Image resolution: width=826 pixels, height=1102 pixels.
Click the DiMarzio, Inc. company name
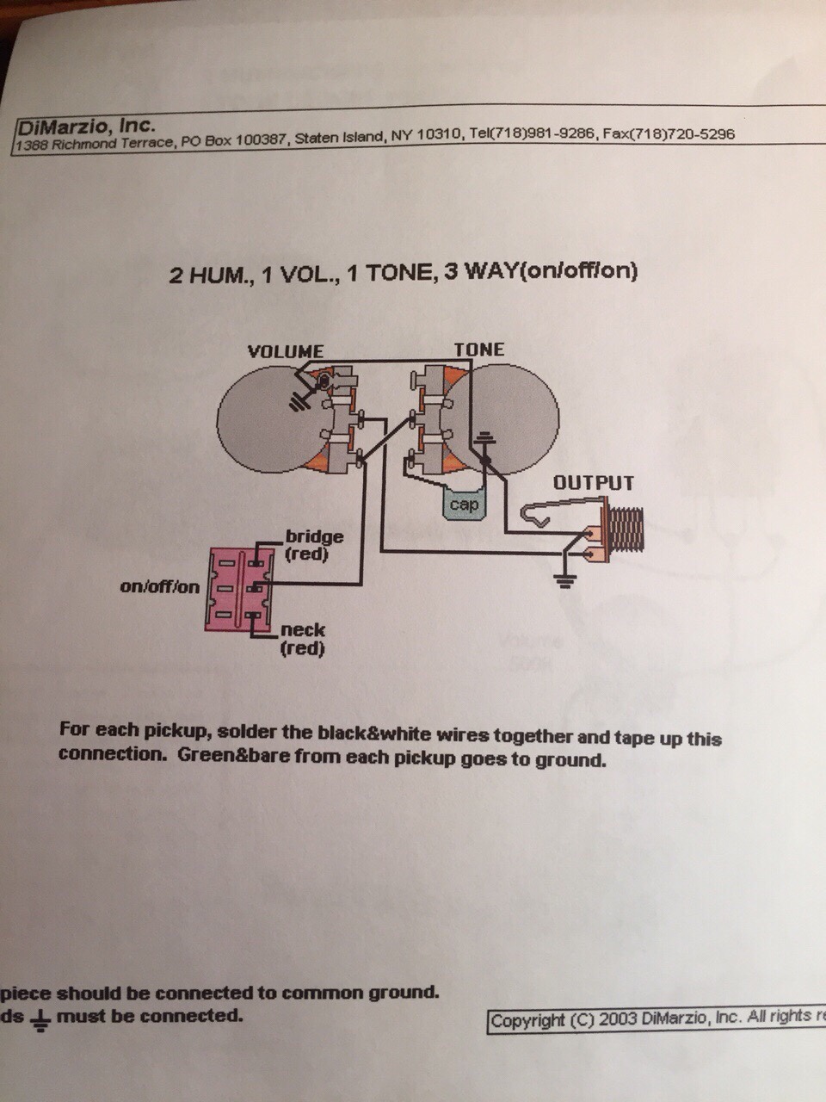click(x=86, y=126)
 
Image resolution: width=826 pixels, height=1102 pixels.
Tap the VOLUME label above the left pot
click(x=285, y=351)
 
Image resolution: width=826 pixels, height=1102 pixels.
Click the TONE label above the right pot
click(x=479, y=349)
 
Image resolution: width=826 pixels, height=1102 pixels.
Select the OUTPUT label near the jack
click(x=593, y=482)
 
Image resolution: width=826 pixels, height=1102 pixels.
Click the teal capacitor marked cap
click(x=464, y=505)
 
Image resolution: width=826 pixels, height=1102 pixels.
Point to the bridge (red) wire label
click(x=314, y=545)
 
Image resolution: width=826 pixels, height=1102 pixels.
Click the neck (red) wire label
click(x=303, y=639)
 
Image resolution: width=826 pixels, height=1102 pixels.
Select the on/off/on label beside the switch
click(x=159, y=587)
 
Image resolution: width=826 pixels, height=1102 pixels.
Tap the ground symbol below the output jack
click(x=564, y=579)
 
